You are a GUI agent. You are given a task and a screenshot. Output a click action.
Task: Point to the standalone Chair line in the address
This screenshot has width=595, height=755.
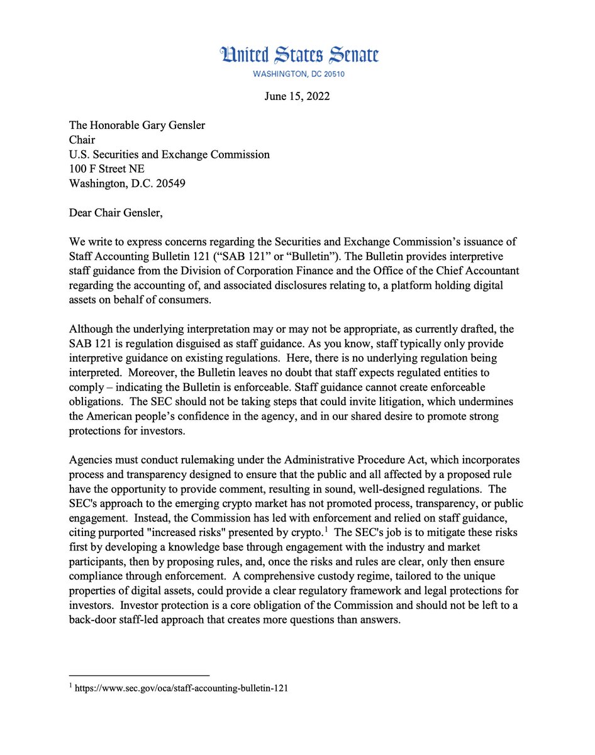[82, 140]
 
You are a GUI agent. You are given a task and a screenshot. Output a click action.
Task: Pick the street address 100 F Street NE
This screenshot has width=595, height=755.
[109, 169]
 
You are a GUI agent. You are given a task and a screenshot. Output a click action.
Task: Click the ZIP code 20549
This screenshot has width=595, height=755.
[167, 184]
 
